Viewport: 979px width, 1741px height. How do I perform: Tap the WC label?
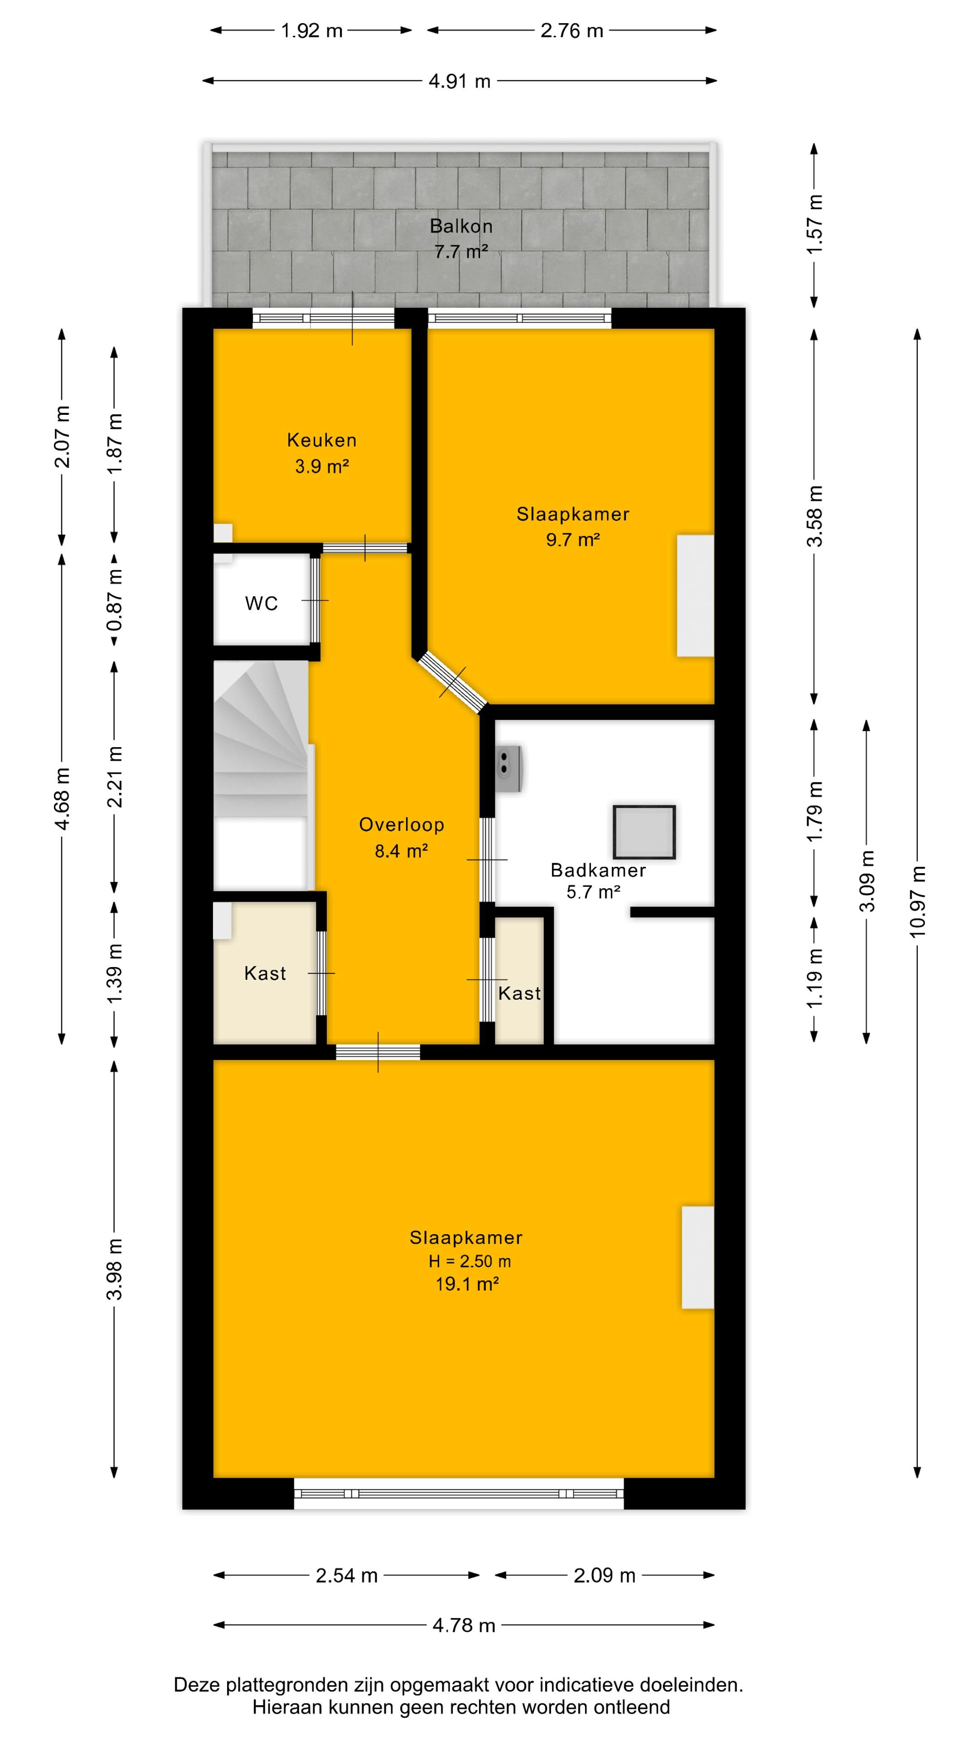[x=262, y=603]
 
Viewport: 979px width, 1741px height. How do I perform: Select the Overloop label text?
[x=401, y=825]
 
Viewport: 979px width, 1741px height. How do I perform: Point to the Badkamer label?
[x=598, y=870]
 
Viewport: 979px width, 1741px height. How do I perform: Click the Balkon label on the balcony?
[x=461, y=226]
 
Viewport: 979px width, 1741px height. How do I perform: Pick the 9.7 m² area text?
[x=573, y=540]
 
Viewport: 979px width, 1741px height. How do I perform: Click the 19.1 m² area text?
[x=467, y=1284]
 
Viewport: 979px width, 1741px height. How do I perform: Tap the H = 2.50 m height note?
[x=470, y=1261]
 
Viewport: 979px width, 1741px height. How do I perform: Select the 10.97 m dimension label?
[x=917, y=901]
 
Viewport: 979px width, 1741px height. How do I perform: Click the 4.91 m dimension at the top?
[x=460, y=81]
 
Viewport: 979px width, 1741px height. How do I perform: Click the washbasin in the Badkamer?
[x=509, y=769]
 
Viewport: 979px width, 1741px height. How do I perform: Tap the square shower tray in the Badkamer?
[x=645, y=832]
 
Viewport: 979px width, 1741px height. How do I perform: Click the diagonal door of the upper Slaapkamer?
[x=452, y=682]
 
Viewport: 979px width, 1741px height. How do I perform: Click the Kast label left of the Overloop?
[x=265, y=973]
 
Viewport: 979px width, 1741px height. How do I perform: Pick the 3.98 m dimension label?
[x=115, y=1269]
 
